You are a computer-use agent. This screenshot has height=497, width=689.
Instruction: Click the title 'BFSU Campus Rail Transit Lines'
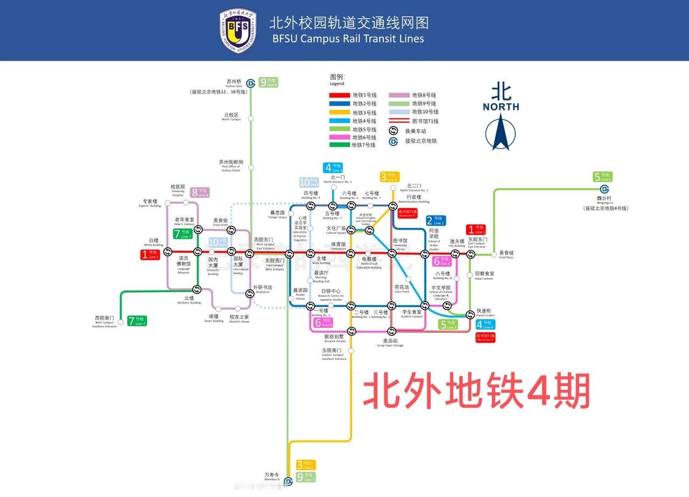[x=348, y=39]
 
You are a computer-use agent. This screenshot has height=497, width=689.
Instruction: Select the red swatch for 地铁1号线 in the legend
[x=339, y=95]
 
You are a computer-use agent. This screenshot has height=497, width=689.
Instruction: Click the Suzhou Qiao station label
[x=234, y=83]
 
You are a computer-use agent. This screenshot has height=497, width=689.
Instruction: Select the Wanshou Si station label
[x=272, y=477]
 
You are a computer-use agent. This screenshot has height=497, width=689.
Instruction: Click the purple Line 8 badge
[x=200, y=192]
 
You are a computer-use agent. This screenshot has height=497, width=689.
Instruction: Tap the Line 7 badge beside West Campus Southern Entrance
[x=137, y=321]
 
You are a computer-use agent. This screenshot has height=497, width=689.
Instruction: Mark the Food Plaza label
[x=507, y=254]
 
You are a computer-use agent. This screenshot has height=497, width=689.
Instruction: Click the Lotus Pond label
[x=402, y=289]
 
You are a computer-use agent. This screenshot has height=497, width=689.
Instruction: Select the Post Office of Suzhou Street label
[x=231, y=164]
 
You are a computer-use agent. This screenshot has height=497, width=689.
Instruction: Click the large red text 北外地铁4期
[x=476, y=391]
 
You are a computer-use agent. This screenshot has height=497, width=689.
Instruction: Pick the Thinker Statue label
[x=277, y=215]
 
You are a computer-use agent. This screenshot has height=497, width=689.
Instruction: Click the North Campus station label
[x=231, y=117]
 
